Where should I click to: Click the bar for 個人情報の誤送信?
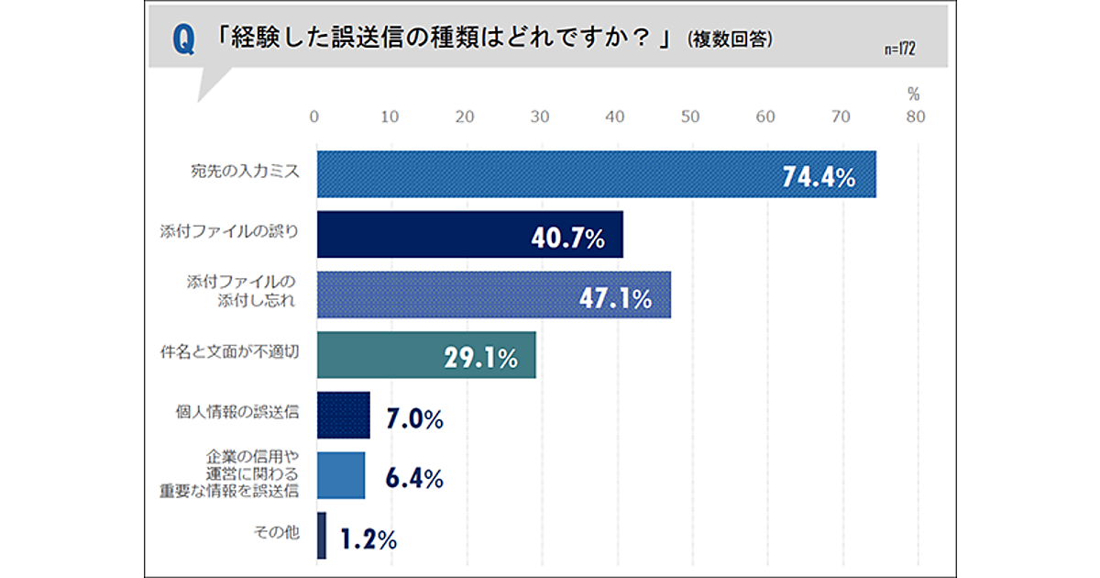pos(344,416)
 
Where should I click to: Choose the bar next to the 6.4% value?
pos(341,475)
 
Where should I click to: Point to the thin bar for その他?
pos(321,536)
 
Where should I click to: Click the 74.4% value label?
pos(819,177)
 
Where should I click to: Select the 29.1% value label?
pos(480,358)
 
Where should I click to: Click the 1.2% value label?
pos(368,539)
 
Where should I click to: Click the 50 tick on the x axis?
pos(690,117)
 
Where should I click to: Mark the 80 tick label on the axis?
pos(915,117)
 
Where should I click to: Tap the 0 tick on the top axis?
pos(314,117)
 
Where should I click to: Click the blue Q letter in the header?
pos(183,40)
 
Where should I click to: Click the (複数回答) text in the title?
pos(730,39)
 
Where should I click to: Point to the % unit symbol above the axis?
pos(913,94)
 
